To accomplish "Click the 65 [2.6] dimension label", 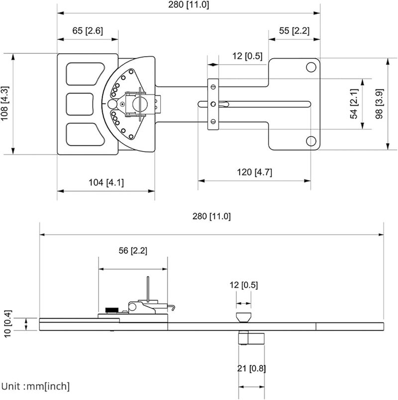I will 88,30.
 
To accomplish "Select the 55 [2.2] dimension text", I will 294,30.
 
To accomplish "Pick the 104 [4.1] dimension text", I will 105,182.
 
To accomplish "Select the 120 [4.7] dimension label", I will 254,172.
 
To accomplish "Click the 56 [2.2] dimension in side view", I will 133,250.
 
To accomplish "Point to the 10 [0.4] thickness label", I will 7,324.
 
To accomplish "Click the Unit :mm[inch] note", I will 35,386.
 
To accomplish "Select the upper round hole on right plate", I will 311,67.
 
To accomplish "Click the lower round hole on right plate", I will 311,141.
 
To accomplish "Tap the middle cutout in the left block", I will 80,104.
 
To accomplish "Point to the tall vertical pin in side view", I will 148,288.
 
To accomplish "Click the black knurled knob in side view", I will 112,310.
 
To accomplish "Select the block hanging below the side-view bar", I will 252,338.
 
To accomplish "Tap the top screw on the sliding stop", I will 213,87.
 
